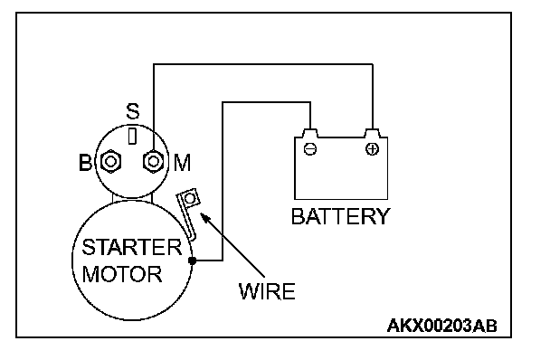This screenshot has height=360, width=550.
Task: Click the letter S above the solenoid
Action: click(x=133, y=111)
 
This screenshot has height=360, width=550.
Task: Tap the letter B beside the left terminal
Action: click(x=85, y=163)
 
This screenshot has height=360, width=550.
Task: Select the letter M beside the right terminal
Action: click(x=183, y=163)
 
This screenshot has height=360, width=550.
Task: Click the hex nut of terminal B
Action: click(x=111, y=161)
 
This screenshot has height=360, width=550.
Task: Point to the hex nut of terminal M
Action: click(x=153, y=162)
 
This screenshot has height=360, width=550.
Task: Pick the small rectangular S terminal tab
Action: click(x=132, y=137)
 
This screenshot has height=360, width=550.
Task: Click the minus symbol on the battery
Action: click(x=310, y=149)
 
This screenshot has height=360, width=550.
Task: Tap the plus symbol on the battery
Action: click(x=372, y=149)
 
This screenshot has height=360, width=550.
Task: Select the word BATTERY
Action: click(x=340, y=216)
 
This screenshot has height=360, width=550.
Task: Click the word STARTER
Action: click(x=132, y=247)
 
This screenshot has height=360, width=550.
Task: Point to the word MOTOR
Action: click(x=122, y=274)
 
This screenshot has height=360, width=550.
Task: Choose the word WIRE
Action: click(x=267, y=291)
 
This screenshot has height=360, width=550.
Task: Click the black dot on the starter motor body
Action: click(x=192, y=261)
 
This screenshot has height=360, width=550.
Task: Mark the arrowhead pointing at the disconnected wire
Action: click(x=204, y=217)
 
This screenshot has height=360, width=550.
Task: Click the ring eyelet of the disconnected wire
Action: click(x=190, y=199)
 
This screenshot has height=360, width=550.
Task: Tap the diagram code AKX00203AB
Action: click(x=442, y=326)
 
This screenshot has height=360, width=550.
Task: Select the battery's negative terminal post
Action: click(x=310, y=133)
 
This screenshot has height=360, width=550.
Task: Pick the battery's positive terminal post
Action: click(x=372, y=133)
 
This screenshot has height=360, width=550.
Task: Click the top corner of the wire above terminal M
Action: click(x=153, y=64)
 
